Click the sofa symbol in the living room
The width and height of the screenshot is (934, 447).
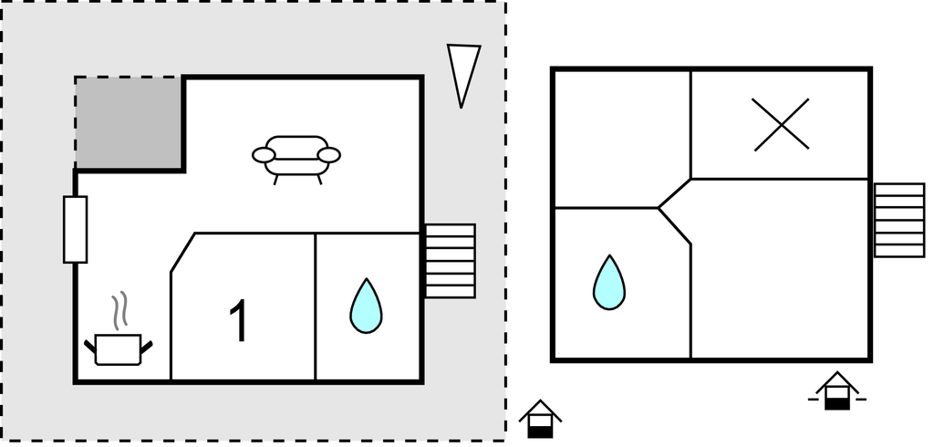tap(296, 158)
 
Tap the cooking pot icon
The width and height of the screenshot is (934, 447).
tap(118, 348)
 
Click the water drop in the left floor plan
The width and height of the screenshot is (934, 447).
tap(366, 306)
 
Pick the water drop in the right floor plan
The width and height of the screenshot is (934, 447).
tap(609, 281)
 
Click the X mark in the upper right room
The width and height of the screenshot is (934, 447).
tap(782, 124)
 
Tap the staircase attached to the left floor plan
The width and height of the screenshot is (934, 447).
tap(451, 261)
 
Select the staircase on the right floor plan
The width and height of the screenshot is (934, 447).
tap(898, 221)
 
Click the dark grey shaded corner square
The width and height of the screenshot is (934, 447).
tap(129, 122)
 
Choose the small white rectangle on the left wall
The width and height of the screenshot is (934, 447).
tap(75, 229)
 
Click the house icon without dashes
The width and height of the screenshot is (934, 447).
tap(540, 421)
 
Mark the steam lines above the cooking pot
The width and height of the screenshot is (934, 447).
tap(119, 312)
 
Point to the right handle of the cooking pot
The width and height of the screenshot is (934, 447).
tap(145, 345)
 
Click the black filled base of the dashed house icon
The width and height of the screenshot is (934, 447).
tap(836, 402)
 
